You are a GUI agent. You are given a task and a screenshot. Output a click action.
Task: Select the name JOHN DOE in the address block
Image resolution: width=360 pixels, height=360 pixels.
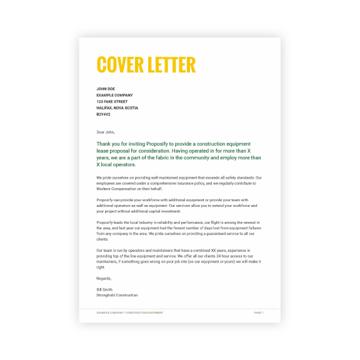[106, 89]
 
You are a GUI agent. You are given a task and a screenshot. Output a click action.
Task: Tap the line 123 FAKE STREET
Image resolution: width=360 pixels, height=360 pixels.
[112, 101]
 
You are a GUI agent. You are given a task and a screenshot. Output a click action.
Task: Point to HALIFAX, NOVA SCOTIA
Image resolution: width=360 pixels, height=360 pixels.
[117, 107]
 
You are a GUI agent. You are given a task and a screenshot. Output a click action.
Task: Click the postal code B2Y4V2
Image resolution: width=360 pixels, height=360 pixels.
[103, 114]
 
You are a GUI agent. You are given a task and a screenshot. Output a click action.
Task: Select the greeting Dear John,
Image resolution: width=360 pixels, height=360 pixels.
[106, 132]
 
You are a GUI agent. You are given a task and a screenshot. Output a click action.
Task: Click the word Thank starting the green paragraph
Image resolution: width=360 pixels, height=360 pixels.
[104, 143]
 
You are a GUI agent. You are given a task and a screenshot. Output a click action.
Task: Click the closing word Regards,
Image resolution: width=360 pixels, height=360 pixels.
[104, 278]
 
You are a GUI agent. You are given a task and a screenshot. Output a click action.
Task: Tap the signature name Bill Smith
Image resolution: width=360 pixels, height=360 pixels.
[105, 290]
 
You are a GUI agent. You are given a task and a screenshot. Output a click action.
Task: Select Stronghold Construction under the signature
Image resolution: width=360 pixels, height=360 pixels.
[117, 295]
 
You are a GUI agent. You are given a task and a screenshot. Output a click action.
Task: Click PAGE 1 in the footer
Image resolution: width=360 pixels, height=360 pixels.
[258, 312]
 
